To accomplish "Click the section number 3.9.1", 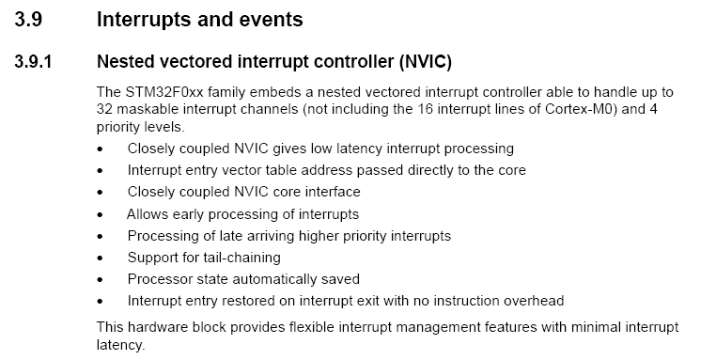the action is (x=33, y=61).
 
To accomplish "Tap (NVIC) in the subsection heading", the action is (x=425, y=62).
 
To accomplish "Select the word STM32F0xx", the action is (x=163, y=92).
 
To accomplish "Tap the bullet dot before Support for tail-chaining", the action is (x=100, y=258).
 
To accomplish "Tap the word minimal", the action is (x=596, y=327).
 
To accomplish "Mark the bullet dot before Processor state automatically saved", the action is (x=100, y=279).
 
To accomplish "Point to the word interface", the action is (x=333, y=192).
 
